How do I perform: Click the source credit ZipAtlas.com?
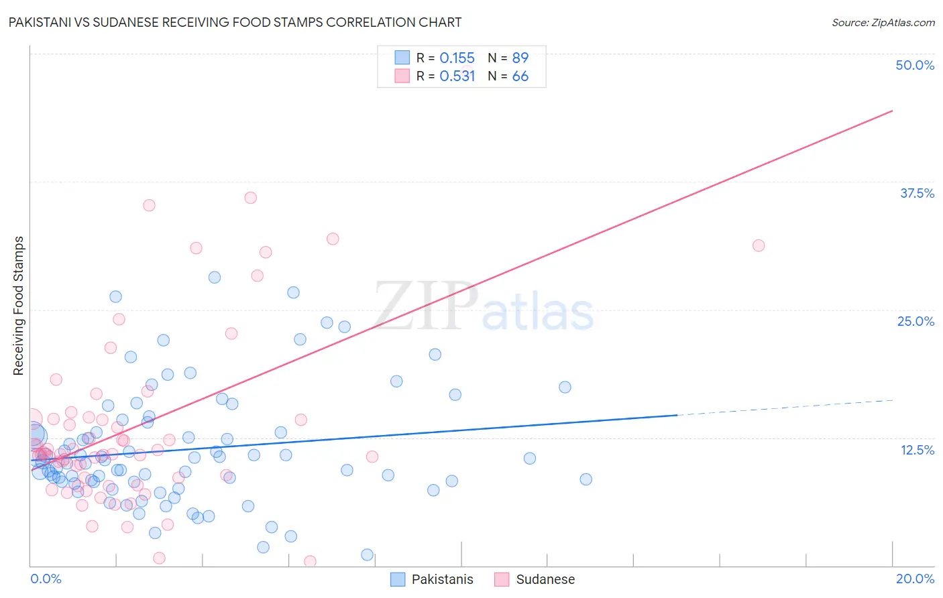(x=883, y=22)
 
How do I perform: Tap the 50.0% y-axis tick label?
(x=915, y=65)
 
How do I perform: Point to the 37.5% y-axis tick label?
(x=917, y=193)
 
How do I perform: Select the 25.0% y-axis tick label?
(x=916, y=321)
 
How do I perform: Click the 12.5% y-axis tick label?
(x=917, y=450)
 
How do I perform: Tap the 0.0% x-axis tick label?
(x=46, y=579)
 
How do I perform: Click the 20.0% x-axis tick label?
(x=915, y=579)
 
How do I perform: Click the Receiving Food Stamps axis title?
(x=19, y=306)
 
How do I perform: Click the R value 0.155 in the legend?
(x=457, y=58)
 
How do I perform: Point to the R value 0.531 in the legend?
(x=457, y=76)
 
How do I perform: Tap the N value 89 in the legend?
(x=520, y=58)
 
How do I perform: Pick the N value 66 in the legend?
(x=520, y=76)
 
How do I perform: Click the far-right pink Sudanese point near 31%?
(x=759, y=245)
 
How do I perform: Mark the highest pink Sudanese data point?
(x=250, y=197)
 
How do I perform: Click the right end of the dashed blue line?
(x=893, y=400)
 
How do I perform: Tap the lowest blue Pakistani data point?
(x=367, y=554)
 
